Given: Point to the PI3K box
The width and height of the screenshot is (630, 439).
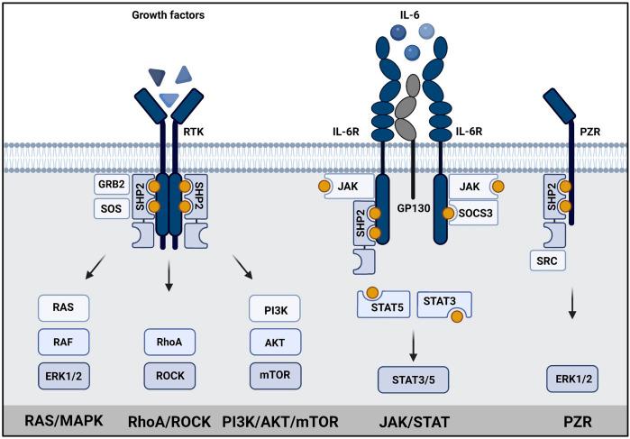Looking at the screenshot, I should [x=274, y=307].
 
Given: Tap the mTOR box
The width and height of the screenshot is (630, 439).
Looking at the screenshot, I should [x=274, y=371].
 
